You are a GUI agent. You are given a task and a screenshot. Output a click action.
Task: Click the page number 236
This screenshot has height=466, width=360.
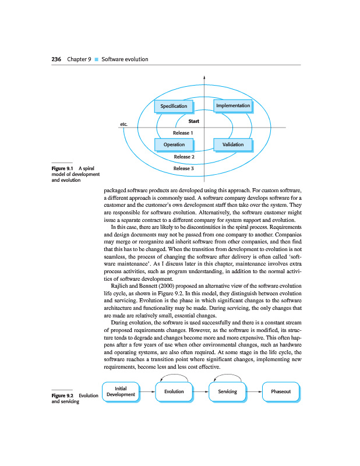pyautogui.click(x=56, y=59)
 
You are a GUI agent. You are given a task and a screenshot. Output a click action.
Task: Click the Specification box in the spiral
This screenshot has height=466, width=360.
pyautogui.click(x=174, y=106)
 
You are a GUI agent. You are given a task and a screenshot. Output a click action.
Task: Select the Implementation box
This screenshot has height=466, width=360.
pyautogui.click(x=233, y=106)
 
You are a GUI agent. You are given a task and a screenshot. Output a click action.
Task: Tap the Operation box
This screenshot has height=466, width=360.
pyautogui.click(x=174, y=144)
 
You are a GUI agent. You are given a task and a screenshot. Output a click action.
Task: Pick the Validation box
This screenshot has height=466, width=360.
pyautogui.click(x=233, y=144)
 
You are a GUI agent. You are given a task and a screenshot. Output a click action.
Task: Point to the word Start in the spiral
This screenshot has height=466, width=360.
pyautogui.click(x=194, y=122)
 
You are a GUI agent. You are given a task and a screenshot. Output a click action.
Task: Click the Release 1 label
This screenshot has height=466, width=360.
pyautogui.click(x=183, y=133)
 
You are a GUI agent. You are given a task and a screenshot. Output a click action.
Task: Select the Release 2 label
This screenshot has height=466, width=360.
pyautogui.click(x=184, y=157)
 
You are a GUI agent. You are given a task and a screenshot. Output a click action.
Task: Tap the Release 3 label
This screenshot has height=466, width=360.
pyautogui.click(x=184, y=168)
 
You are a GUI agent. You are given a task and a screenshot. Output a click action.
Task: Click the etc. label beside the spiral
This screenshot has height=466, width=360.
pyautogui.click(x=123, y=124)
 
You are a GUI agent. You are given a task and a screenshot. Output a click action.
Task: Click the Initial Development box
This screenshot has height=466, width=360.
pyautogui.click(x=121, y=391)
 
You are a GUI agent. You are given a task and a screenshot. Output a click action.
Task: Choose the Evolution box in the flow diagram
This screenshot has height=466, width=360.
pyautogui.click(x=174, y=391)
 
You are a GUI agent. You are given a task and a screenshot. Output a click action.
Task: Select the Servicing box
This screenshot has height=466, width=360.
pyautogui.click(x=227, y=391)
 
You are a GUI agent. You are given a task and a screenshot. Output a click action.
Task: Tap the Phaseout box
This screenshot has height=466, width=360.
pyautogui.click(x=281, y=391)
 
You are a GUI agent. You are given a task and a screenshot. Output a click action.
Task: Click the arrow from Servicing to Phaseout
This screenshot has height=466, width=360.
pyautogui.click(x=254, y=391)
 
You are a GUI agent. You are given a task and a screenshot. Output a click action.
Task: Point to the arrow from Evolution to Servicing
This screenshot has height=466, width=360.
pyautogui.click(x=200, y=391)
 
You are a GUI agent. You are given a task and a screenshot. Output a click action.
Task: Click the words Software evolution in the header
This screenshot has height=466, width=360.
pyautogui.click(x=125, y=59)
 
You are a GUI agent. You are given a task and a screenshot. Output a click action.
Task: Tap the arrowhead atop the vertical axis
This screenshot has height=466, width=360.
pyautogui.click(x=204, y=77)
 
